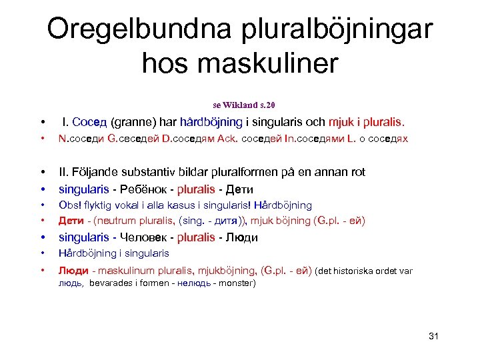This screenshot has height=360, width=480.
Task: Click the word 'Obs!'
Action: [x=69, y=205]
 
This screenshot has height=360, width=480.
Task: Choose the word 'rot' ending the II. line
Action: [x=357, y=172]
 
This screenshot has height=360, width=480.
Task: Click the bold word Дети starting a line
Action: [x=71, y=221]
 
